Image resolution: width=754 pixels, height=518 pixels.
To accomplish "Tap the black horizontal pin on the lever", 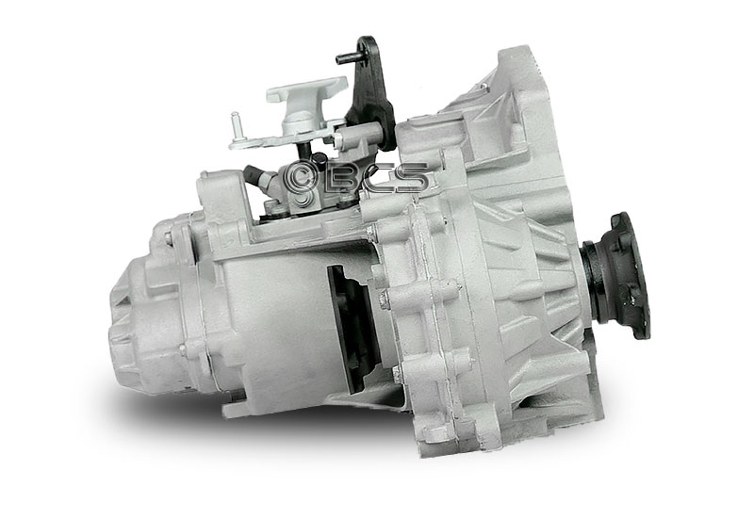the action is coord(347,57).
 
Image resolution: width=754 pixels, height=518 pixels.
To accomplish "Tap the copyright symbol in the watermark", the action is coord(300,178).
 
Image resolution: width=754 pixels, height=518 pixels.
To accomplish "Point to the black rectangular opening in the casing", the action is coord(352,328).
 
